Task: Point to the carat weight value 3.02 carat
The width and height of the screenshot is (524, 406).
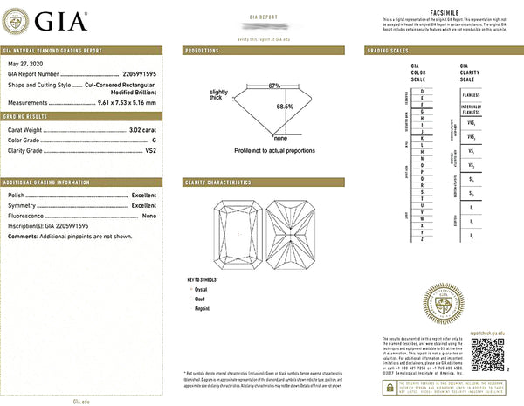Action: [x=144, y=129]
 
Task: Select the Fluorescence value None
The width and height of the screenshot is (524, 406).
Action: [x=149, y=215]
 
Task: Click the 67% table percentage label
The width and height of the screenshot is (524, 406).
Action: [x=274, y=86]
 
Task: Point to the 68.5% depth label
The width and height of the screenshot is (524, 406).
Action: [x=285, y=106]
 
